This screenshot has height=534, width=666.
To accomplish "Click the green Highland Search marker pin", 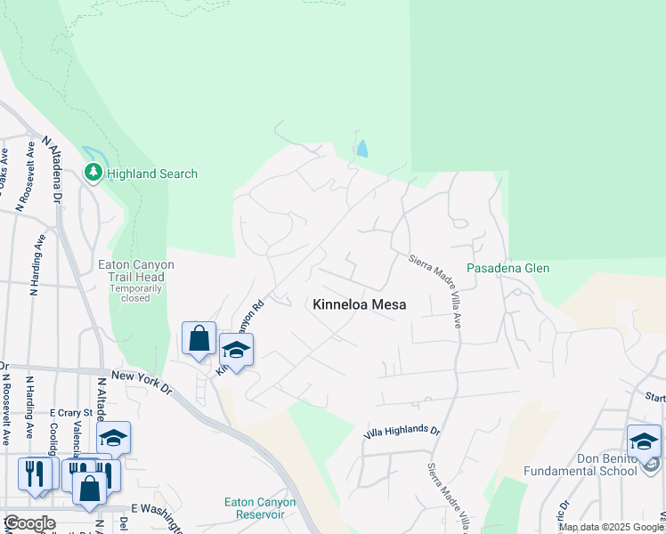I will (x=93, y=173).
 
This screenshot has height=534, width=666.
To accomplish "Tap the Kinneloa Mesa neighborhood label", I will (x=360, y=304).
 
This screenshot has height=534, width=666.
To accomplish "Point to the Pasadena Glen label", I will (x=508, y=268).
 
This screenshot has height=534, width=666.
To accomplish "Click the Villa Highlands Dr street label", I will (x=402, y=431).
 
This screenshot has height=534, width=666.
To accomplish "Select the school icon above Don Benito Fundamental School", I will (x=644, y=440).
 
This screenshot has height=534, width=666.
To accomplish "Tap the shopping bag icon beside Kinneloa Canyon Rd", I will (x=199, y=337).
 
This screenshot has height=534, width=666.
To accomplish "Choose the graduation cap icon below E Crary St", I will (x=113, y=437).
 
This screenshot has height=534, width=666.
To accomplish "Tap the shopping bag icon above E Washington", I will (x=90, y=487).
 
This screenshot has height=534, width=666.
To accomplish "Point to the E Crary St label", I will (x=70, y=413).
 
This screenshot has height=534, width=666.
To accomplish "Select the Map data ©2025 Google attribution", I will (x=612, y=527).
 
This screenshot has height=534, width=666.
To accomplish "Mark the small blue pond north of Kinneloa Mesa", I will (x=361, y=148).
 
